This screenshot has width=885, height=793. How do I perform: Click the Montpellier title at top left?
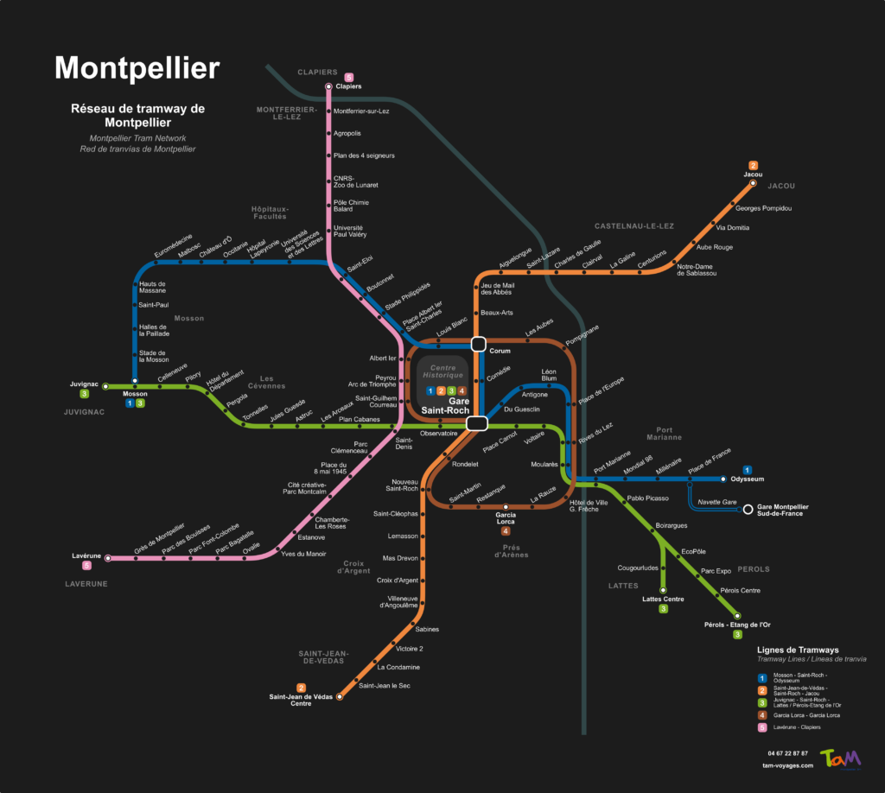(x=137, y=68)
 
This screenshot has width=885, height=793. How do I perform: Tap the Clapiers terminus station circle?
(x=328, y=87)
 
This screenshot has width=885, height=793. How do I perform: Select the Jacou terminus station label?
(x=753, y=174)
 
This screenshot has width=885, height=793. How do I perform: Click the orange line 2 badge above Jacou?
(x=753, y=165)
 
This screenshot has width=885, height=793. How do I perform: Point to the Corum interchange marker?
(x=479, y=344)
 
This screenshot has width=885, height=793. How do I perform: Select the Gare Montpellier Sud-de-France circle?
(x=748, y=510)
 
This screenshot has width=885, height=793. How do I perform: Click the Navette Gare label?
(x=716, y=502)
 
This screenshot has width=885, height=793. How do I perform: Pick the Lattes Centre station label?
(x=663, y=599)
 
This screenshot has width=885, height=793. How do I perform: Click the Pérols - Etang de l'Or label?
(x=737, y=624)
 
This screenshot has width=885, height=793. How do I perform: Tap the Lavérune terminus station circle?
(x=108, y=558)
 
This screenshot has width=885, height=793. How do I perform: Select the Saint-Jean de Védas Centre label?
(x=301, y=700)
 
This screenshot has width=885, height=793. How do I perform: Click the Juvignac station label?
(x=85, y=384)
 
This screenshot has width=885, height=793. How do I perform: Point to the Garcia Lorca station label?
(x=506, y=519)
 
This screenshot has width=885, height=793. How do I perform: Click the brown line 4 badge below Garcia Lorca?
(x=506, y=530)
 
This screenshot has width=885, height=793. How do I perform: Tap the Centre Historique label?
(x=442, y=372)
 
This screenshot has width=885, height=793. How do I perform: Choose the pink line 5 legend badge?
(x=762, y=727)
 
